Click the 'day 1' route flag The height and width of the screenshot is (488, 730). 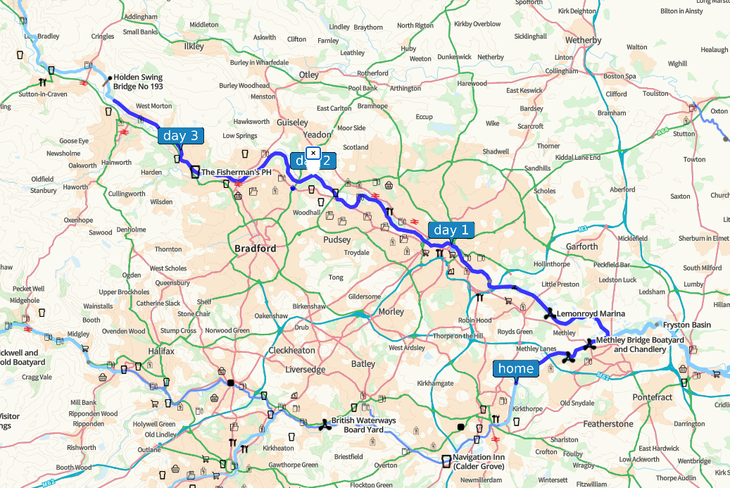[x=451, y=230]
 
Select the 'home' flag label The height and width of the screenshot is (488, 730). [x=515, y=368]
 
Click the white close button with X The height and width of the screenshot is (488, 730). [x=313, y=153]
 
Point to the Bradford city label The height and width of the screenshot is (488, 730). [x=255, y=248]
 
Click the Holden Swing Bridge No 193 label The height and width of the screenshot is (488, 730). [x=138, y=82]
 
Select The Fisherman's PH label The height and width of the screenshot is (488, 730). [x=236, y=172]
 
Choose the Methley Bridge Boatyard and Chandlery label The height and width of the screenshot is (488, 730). [x=639, y=344]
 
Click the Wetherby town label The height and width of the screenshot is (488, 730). [x=584, y=40]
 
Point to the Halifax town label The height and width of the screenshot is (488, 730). [x=161, y=350]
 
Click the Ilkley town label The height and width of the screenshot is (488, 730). [x=194, y=46]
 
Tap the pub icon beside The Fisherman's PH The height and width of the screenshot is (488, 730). [x=195, y=171]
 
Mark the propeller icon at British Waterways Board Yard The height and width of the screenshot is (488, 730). [x=325, y=424]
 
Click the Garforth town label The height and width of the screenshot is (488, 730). [x=582, y=246]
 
